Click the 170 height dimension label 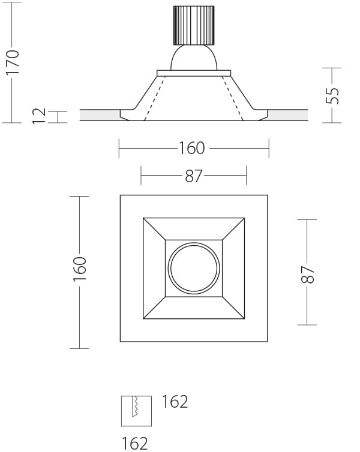13,62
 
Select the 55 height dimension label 332,95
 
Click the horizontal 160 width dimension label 192,148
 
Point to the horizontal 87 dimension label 194,176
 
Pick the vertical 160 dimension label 80,269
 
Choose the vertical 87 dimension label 307,275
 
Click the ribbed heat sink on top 194,25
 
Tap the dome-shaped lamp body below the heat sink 194,58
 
